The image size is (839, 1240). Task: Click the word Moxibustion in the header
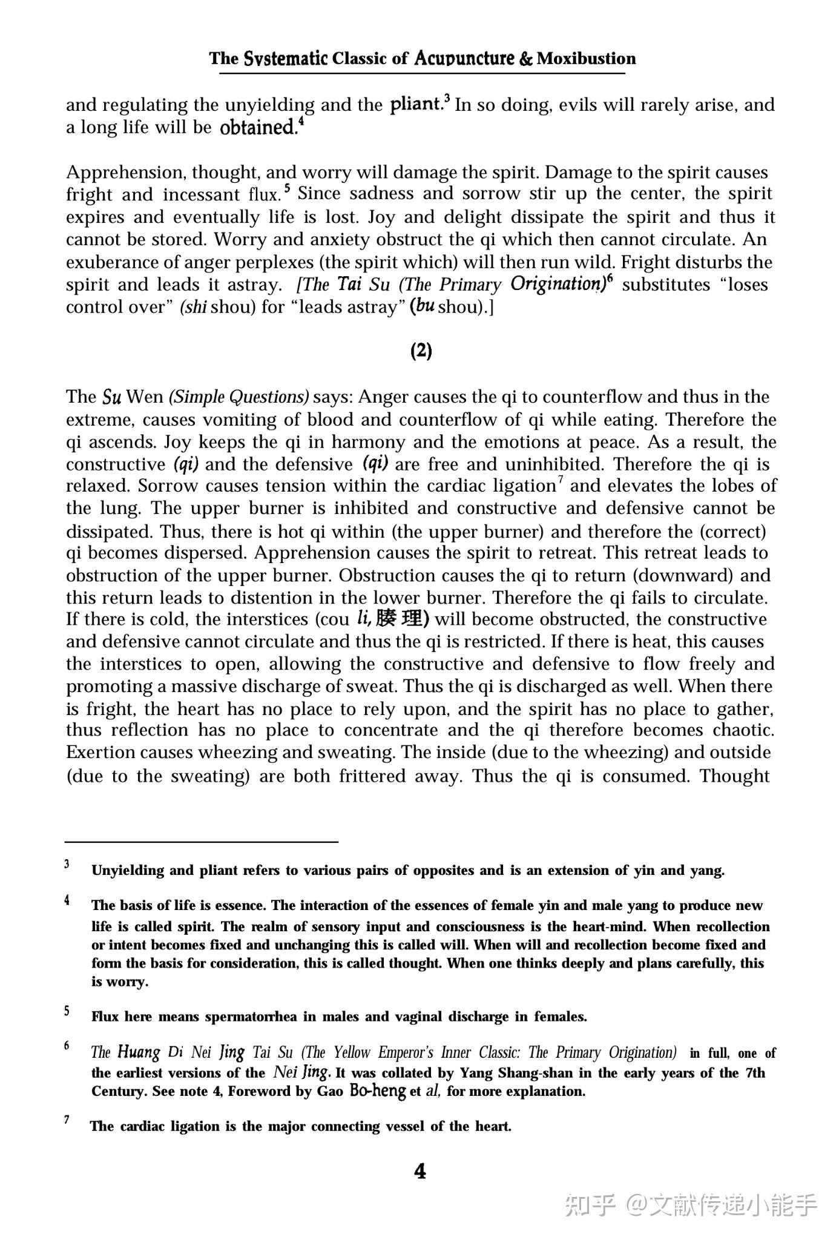[x=586, y=59]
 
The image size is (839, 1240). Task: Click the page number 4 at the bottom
[x=419, y=1172]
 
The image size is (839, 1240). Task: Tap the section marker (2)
[x=421, y=351]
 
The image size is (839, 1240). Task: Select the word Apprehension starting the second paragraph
[x=126, y=173]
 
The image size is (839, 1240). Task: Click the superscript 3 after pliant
[x=447, y=99]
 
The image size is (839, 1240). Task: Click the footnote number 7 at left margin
[x=67, y=1120]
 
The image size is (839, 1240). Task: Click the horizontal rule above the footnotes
[x=201, y=841]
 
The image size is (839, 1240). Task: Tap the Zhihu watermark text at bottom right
[x=690, y=1205]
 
